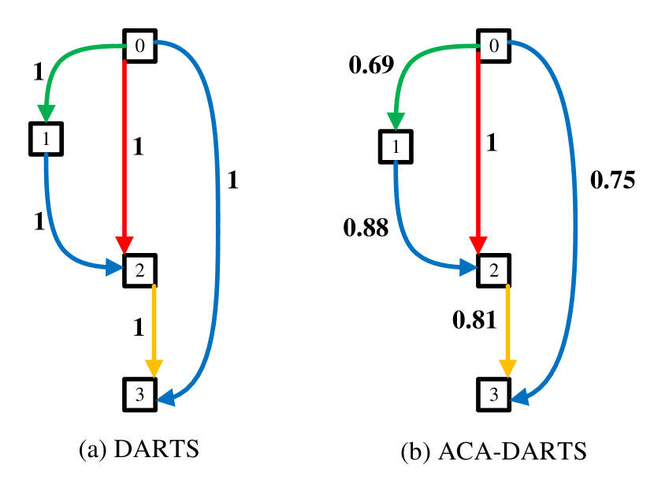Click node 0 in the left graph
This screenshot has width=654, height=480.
[139, 47]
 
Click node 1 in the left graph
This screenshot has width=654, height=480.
[46, 140]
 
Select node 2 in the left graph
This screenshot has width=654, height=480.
[139, 270]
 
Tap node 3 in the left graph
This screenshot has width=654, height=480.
[139, 395]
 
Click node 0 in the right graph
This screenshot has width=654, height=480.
[493, 47]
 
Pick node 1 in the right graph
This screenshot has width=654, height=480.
[396, 147]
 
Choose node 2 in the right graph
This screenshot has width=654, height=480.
[493, 270]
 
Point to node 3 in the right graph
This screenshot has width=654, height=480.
[493, 395]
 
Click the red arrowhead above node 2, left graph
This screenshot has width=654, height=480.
[124, 245]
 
